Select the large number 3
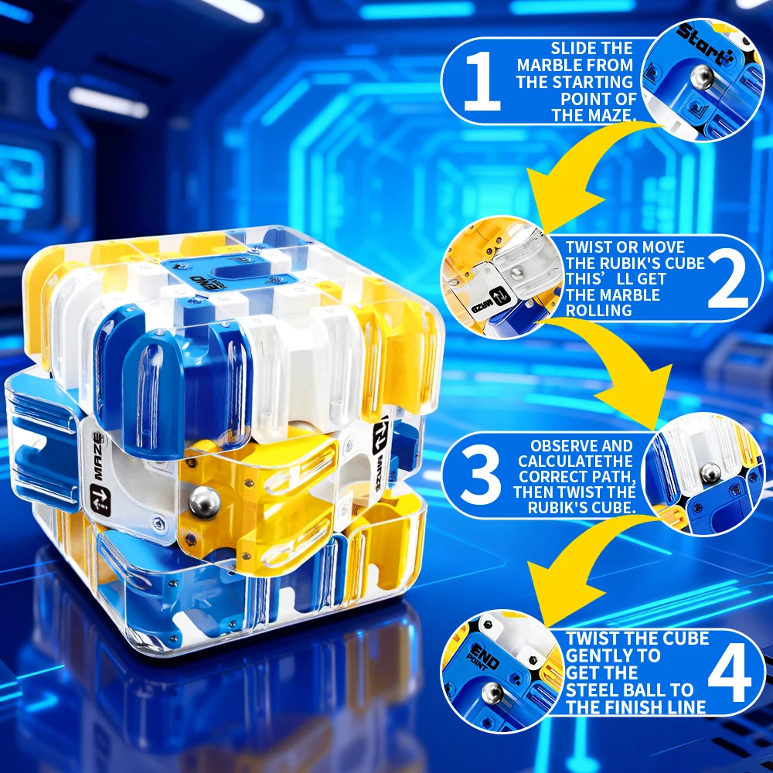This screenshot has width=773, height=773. [481, 475]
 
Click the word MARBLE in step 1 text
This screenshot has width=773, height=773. [548, 65]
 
